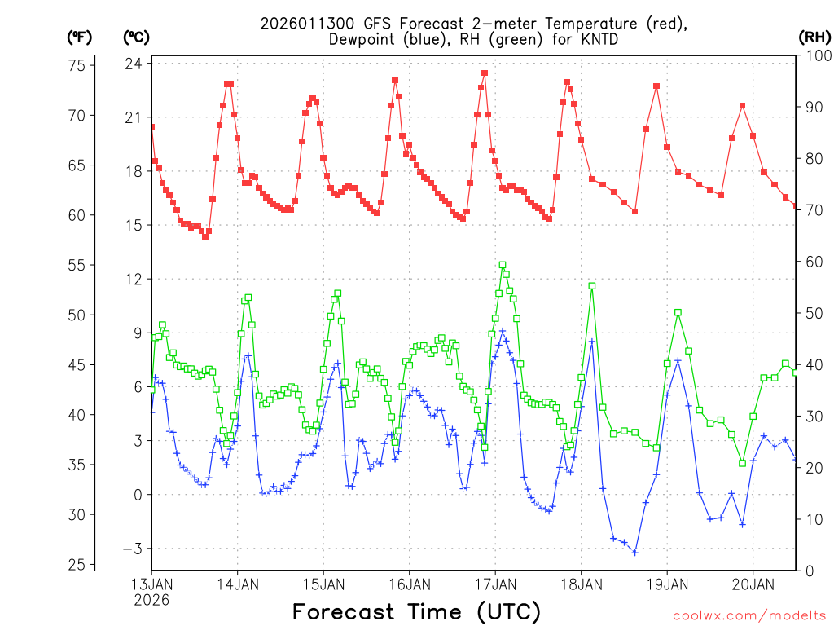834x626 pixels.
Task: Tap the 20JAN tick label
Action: pyautogui.click(x=753, y=584)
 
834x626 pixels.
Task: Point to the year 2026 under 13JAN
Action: pyautogui.click(x=151, y=599)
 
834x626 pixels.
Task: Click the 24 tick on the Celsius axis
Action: pyautogui.click(x=134, y=64)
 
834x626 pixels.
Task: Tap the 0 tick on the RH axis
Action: pyautogui.click(x=808, y=571)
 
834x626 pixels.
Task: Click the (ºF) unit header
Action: pyautogui.click(x=79, y=37)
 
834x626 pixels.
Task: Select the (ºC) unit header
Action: pyautogui.click(x=136, y=37)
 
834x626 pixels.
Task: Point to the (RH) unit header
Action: pyautogui.click(x=814, y=37)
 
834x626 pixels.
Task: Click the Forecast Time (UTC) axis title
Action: pyautogui.click(x=416, y=611)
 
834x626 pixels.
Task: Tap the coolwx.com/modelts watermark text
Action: pyautogui.click(x=748, y=615)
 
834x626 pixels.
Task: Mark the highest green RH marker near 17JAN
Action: pyautogui.click(x=503, y=265)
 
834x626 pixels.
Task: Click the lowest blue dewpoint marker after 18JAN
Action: pyautogui.click(x=634, y=553)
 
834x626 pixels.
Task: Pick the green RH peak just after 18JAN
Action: pyautogui.click(x=592, y=286)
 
